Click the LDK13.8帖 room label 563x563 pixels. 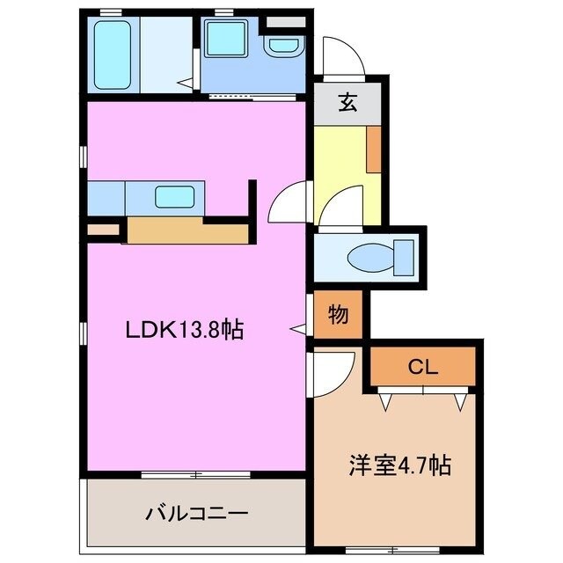[x=184, y=331]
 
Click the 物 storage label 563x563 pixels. [x=337, y=313]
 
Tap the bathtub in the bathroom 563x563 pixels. [x=113, y=54]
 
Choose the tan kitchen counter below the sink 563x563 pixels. [x=189, y=230]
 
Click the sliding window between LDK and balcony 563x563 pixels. [x=196, y=475]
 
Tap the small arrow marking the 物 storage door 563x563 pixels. [x=300, y=328]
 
